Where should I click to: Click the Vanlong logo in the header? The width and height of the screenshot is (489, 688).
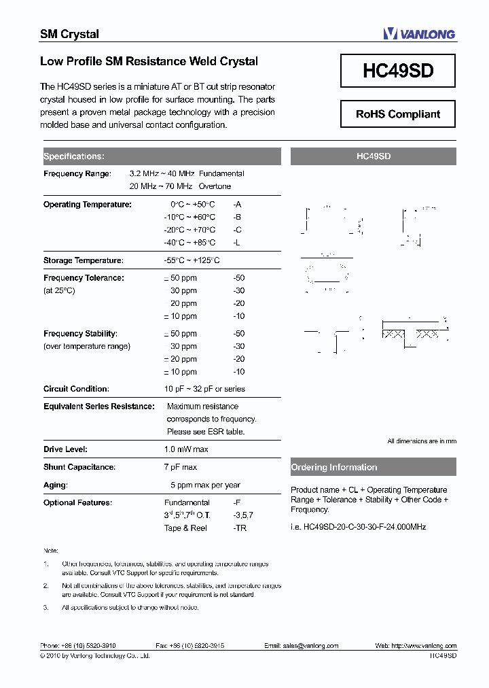coord(418,34)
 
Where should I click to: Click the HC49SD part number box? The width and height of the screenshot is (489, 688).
coord(398,71)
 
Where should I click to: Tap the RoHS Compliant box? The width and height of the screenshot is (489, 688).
coord(398,114)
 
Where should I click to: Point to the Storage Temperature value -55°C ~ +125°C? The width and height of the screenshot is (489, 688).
coord(192,260)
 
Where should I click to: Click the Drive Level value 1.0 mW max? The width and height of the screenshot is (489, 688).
coord(186,449)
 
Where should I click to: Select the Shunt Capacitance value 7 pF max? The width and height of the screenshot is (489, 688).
coord(181,467)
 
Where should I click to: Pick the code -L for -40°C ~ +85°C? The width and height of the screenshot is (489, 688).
coord(237,243)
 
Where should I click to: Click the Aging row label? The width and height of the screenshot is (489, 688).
coord(56,485)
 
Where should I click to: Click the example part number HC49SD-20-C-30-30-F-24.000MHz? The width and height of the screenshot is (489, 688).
coord(359,527)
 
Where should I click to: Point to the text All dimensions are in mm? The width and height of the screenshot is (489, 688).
coord(422,441)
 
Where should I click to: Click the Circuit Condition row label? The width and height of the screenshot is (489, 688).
coord(76,389)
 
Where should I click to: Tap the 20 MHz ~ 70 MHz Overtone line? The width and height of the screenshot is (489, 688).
coord(180,186)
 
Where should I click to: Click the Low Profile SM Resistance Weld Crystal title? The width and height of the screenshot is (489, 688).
coord(149,61)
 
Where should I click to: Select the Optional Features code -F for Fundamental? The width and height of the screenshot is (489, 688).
coord(237,502)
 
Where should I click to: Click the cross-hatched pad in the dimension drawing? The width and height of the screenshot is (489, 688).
coord(394,334)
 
